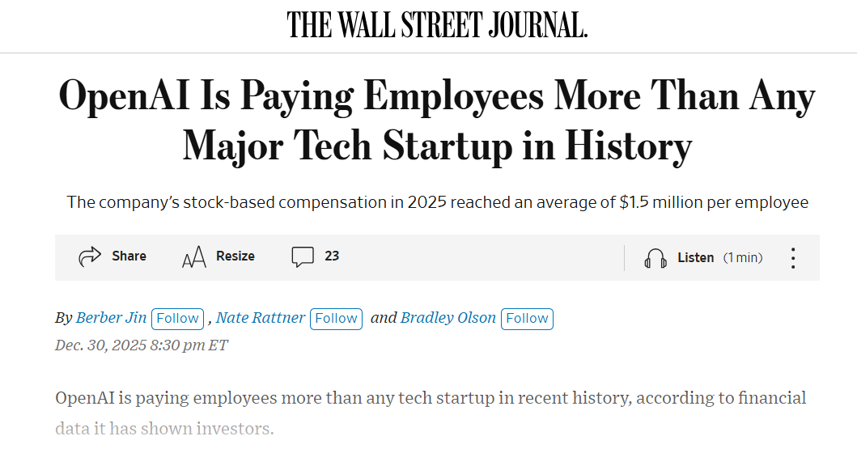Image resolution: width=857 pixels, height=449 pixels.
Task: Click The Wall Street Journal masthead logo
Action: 437,25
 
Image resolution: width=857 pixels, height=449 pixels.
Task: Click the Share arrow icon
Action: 89,257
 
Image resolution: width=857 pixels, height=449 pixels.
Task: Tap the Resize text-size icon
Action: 194,257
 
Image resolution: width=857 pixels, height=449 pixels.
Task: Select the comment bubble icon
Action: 303,257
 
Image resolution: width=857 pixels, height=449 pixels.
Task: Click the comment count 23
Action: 332,256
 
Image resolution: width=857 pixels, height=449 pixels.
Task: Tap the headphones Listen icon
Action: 655,258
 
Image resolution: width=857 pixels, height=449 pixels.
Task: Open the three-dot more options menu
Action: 793,258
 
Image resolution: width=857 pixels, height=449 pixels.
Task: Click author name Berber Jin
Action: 111,318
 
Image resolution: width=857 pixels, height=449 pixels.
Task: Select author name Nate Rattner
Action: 261,318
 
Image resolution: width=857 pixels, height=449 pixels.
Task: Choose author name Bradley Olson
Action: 448,318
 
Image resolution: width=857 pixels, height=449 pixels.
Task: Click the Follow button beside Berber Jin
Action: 177,319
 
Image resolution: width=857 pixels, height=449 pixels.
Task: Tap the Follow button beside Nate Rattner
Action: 336,319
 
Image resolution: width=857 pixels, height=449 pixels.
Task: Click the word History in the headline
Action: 628,146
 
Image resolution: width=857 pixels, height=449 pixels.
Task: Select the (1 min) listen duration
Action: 743,258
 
